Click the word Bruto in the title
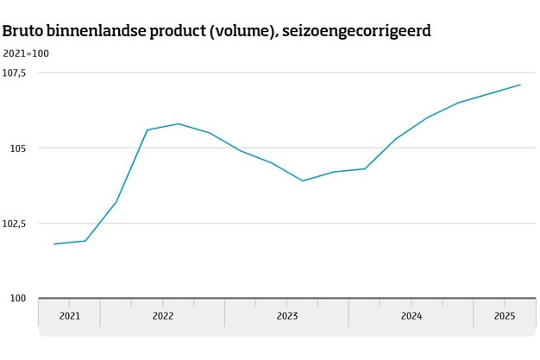(23, 32)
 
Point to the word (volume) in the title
(247, 32)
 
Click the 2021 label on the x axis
(69, 316)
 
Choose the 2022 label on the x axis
(162, 316)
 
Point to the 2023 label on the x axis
(287, 316)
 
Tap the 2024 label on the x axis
(411, 316)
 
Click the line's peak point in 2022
(179, 123)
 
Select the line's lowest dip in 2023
(303, 181)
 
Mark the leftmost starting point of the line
(53, 244)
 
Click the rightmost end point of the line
(520, 85)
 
